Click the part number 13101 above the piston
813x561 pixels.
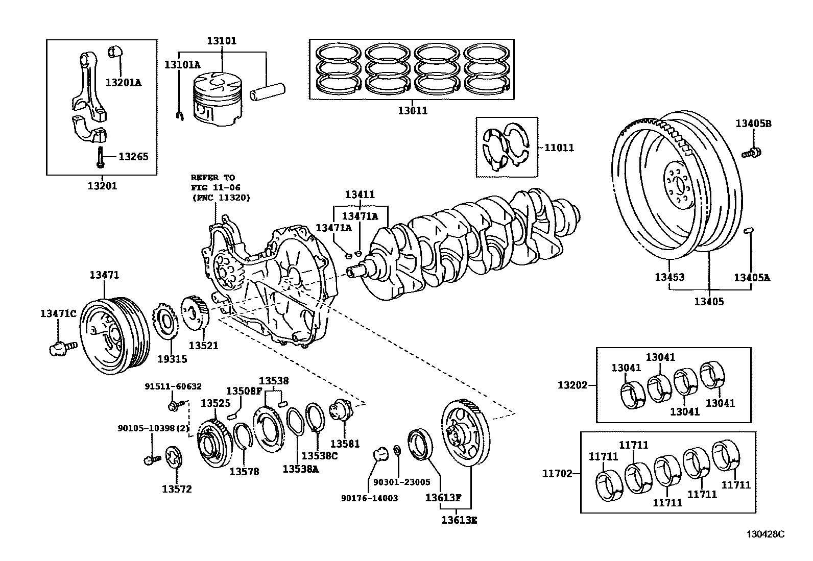click(222, 41)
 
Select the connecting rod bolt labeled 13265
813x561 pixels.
click(100, 156)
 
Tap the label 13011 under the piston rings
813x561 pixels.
click(412, 110)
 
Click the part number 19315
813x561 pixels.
click(172, 359)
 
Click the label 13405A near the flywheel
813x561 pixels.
click(752, 278)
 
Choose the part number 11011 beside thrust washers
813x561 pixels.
click(559, 148)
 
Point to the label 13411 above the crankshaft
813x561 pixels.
click(360, 194)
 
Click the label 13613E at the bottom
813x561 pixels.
click(459, 520)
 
